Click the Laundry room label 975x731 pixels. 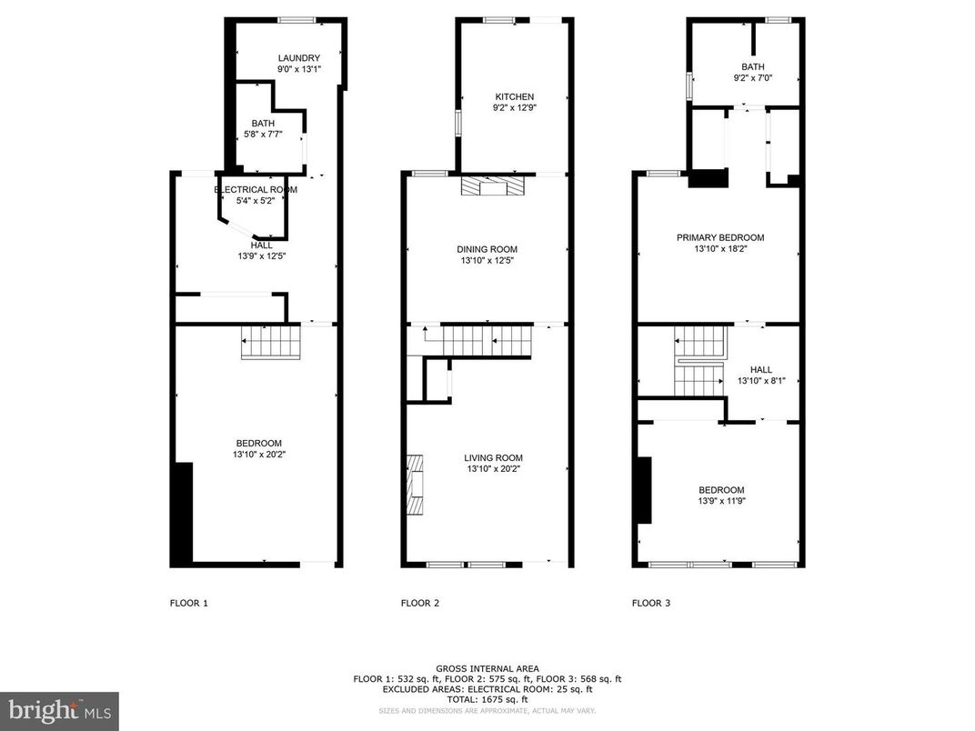coord(299,58)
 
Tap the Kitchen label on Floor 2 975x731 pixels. coord(514,96)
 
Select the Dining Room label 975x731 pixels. coord(487,249)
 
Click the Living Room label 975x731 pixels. coord(493,458)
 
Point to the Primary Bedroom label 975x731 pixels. coord(720,237)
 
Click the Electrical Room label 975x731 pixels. coord(256,189)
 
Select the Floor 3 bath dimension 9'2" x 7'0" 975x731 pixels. coord(752,79)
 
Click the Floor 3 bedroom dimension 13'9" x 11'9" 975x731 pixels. coord(721,501)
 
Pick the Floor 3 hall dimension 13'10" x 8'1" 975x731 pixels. coord(761,382)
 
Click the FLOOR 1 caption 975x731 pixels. coord(189,603)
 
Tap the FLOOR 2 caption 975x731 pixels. coord(420,603)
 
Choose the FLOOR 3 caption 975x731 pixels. coord(651,603)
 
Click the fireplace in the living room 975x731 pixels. coord(416,485)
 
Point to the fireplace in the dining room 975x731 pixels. coord(493,186)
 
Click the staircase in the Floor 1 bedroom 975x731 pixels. coord(271,343)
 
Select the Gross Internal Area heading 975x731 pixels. coord(487,668)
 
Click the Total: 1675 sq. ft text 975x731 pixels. coord(487,699)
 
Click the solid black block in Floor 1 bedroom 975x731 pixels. coord(183,514)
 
